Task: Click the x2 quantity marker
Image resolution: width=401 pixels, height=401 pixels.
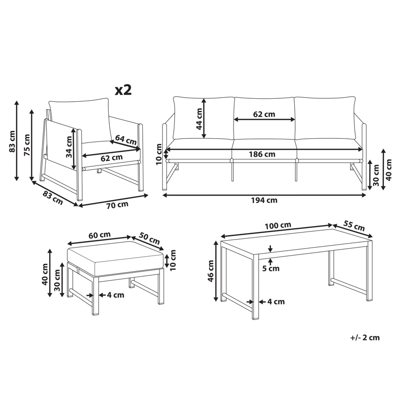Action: (x=123, y=90)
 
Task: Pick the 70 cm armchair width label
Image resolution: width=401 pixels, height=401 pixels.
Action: (x=117, y=205)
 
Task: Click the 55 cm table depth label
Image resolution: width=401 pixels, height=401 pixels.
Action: (x=353, y=225)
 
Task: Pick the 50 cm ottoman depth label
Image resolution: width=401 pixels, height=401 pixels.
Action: (x=149, y=238)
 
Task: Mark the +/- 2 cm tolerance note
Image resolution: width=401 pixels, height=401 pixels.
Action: (x=364, y=337)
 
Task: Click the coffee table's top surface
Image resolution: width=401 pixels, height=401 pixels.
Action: (x=296, y=246)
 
